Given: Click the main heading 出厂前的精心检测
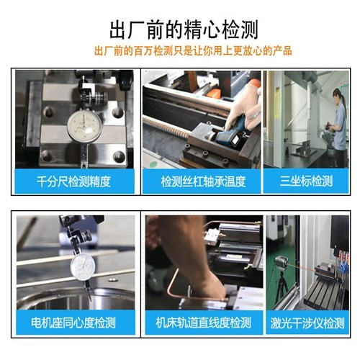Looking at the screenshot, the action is tap(184, 30).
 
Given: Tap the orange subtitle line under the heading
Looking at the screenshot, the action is tap(193, 51).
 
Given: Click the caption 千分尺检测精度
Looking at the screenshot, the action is tap(73, 181).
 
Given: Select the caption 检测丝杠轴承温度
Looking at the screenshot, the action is tap(204, 181).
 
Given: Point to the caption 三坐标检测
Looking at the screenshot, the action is tap(306, 181).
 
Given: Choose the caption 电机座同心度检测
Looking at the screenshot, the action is tap(73, 323).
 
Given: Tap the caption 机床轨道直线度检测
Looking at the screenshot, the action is tap(204, 323).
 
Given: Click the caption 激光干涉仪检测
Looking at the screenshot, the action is tap(307, 323).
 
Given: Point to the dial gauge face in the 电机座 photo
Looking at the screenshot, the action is tap(83, 267).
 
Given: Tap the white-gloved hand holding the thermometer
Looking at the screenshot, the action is tap(245, 108).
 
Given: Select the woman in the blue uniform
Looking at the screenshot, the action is tap(338, 127).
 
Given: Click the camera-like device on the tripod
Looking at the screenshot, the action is tap(281, 264).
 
